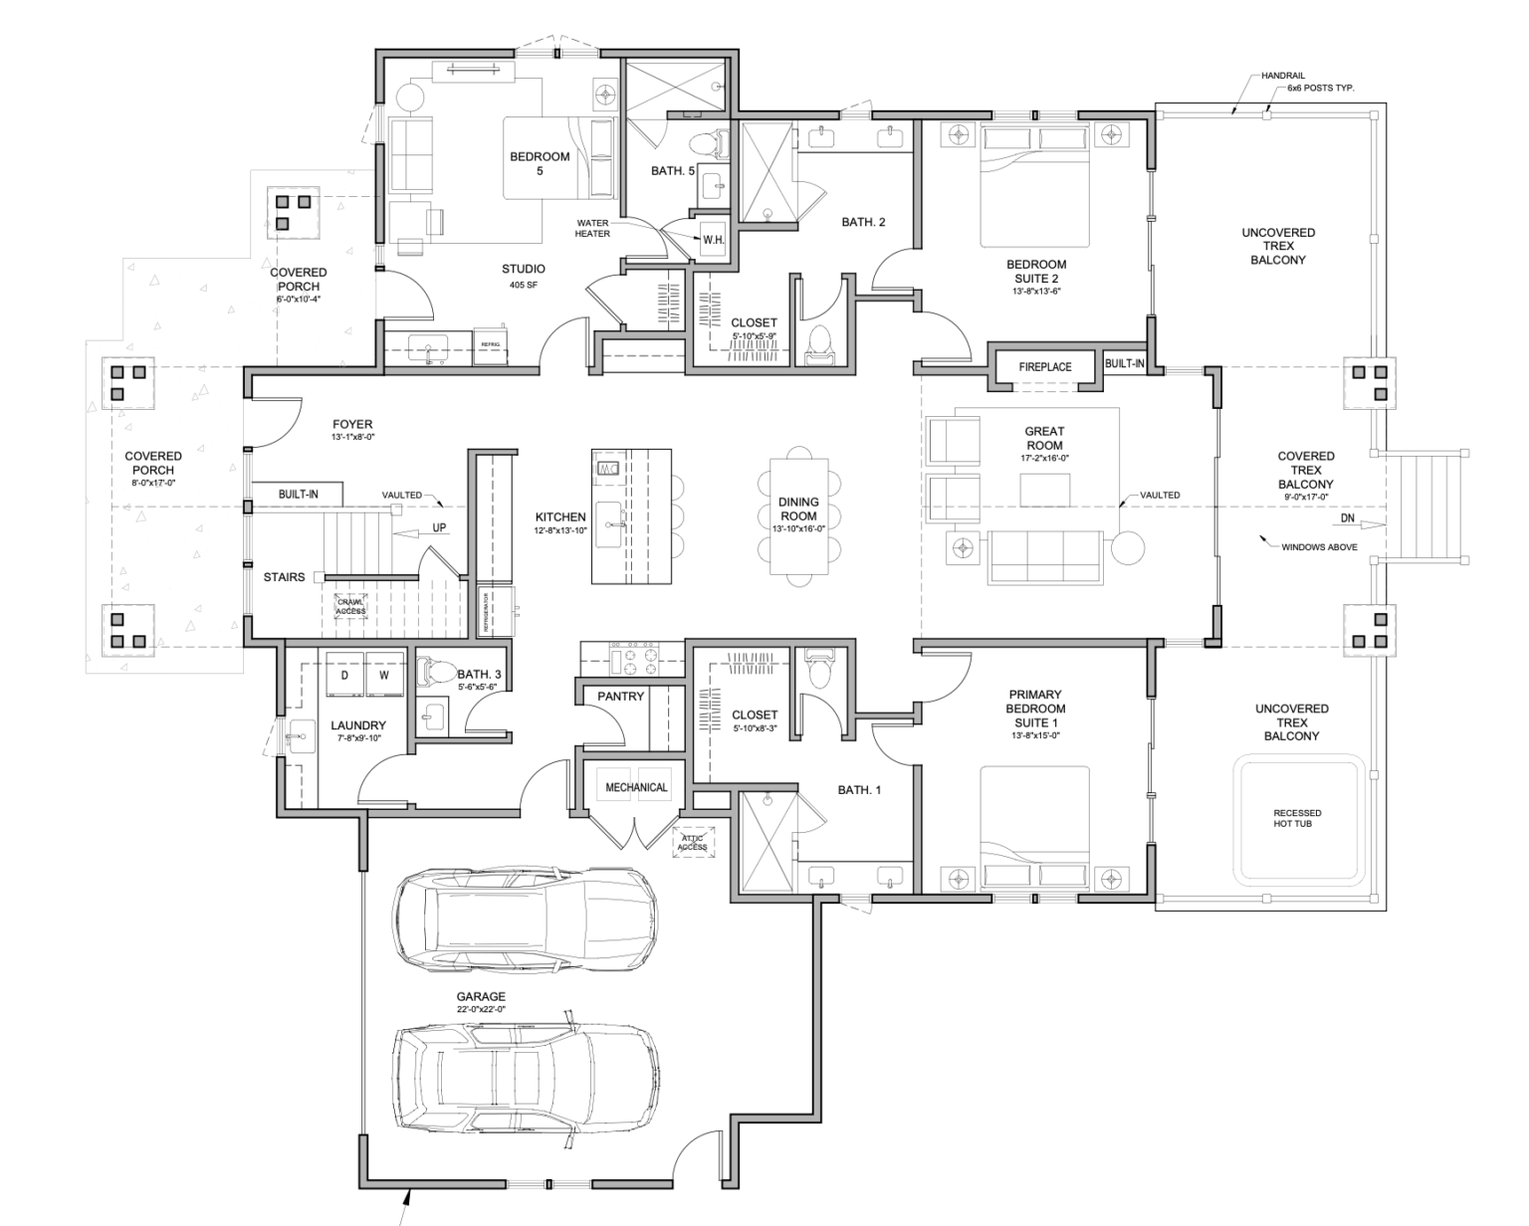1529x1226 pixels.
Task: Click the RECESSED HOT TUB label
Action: click(x=1297, y=818)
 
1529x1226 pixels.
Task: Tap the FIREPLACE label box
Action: click(x=1045, y=367)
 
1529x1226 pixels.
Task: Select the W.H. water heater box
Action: click(x=714, y=240)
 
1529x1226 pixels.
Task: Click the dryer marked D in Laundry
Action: click(x=344, y=675)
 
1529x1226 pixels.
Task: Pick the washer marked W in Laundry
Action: click(x=384, y=675)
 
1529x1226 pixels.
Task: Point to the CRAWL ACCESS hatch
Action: click(x=350, y=606)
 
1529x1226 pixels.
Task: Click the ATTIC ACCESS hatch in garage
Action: click(x=692, y=843)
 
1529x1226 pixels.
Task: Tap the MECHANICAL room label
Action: click(x=636, y=787)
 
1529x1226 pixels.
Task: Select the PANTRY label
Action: click(x=621, y=697)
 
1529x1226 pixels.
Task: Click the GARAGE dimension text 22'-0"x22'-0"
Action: click(x=481, y=1010)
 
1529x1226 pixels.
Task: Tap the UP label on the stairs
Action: click(x=439, y=528)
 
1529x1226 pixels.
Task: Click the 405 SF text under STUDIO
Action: click(x=524, y=286)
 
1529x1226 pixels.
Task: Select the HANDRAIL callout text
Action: click(x=1282, y=76)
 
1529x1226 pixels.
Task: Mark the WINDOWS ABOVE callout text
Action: click(x=1319, y=547)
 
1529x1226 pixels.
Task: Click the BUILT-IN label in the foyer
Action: click(x=299, y=494)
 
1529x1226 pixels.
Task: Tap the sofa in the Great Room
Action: click(x=1044, y=557)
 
